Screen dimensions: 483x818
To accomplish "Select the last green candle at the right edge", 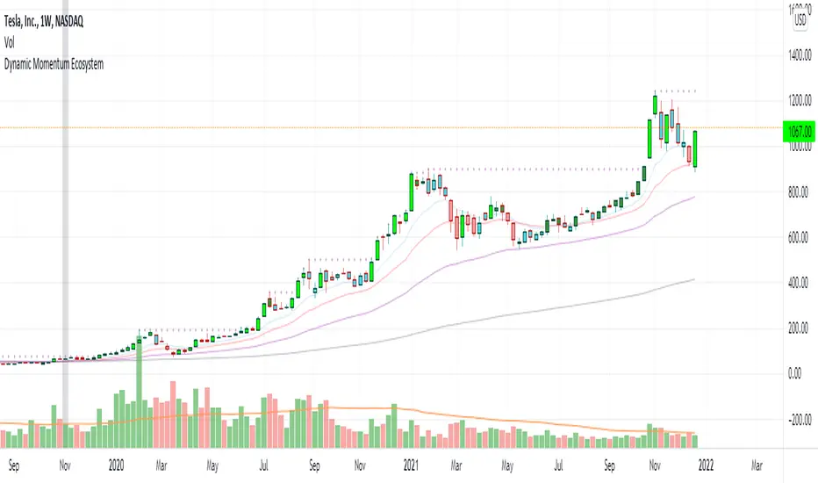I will (x=695, y=148).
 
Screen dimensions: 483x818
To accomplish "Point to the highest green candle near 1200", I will (x=655, y=105).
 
